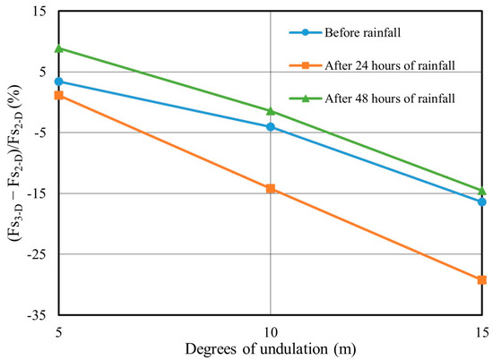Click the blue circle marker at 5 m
(x=59, y=81)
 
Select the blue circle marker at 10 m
(x=271, y=127)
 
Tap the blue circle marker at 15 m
(x=481, y=201)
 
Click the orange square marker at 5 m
(x=59, y=95)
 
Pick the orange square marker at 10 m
(x=271, y=189)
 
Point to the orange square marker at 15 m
(x=481, y=280)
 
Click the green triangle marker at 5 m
(x=59, y=48)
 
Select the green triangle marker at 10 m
(x=271, y=111)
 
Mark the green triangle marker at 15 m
(x=481, y=191)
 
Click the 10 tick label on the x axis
(x=271, y=330)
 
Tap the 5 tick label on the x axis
(x=59, y=330)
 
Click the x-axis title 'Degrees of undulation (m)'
(x=270, y=348)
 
